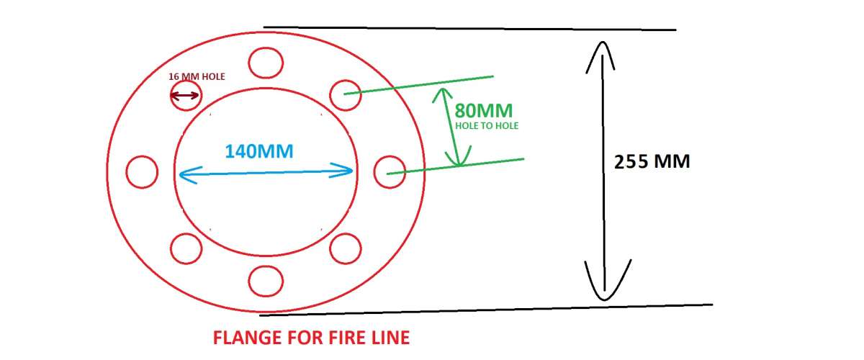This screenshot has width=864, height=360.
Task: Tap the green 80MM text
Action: (x=483, y=111)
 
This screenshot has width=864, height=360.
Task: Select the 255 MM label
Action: (x=652, y=161)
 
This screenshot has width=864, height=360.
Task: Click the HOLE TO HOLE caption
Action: (x=487, y=125)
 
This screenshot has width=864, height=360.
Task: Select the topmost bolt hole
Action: (x=264, y=62)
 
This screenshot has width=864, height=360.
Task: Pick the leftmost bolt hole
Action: (x=141, y=171)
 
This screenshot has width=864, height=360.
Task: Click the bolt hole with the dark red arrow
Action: (x=185, y=95)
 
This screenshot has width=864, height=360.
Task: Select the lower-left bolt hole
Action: (x=186, y=248)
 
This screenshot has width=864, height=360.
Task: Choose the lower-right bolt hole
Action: (x=345, y=248)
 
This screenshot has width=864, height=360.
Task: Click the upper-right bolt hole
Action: (x=345, y=95)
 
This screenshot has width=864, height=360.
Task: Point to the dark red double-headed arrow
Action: (x=185, y=96)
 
